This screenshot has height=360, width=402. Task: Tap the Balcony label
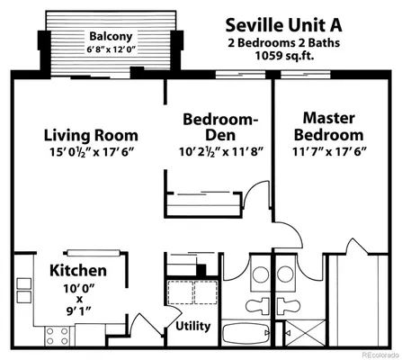[110, 36]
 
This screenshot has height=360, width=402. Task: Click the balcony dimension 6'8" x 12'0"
[110, 49]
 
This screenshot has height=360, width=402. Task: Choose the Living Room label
[87, 135]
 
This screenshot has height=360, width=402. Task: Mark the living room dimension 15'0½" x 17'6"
[87, 152]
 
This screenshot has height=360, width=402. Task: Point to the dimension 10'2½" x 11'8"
[219, 151]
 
